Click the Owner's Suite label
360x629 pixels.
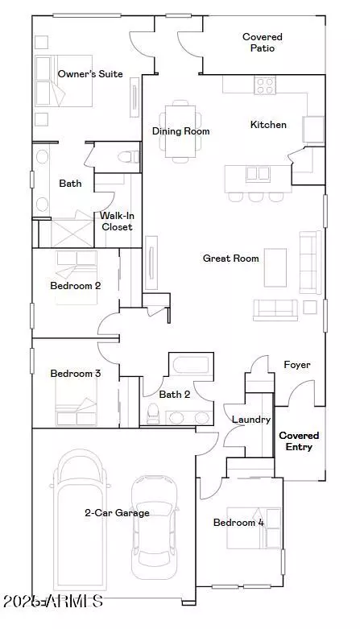[x=90, y=74]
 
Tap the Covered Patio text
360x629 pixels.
[x=263, y=43]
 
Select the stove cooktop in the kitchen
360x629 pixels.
[x=265, y=85]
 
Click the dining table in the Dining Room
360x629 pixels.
[x=180, y=131]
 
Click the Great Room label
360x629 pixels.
[x=231, y=259]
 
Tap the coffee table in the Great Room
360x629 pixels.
[x=275, y=267]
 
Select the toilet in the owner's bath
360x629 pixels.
[x=128, y=156]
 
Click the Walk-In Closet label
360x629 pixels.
[x=118, y=221]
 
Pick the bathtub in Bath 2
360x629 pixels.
[x=192, y=365]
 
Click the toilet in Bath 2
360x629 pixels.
[x=153, y=414]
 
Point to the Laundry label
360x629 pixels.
[x=251, y=420]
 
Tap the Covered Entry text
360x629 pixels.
[x=299, y=441]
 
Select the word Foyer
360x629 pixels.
[x=297, y=365]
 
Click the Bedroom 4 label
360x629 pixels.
[x=239, y=523]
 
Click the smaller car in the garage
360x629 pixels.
[x=155, y=528]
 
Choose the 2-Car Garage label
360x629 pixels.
[x=117, y=513]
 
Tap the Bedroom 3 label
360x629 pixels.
[x=76, y=374]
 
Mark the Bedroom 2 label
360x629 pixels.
[x=76, y=286]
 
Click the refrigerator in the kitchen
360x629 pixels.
[x=313, y=129]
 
